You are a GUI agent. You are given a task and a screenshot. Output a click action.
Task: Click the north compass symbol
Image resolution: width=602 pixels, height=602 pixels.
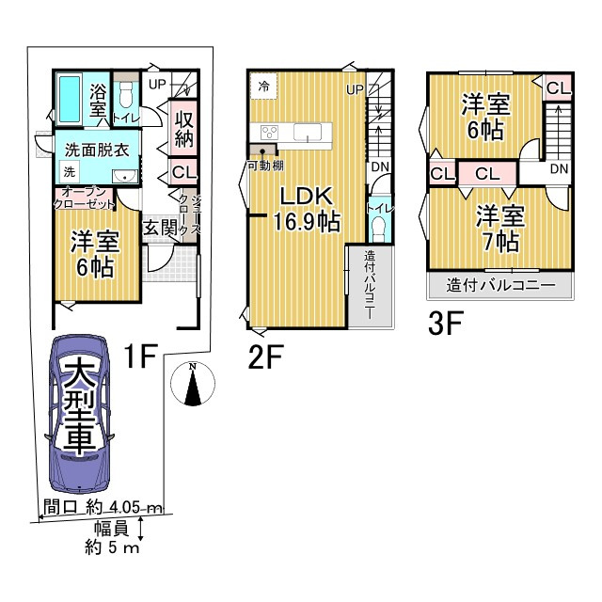pyautogui.click(x=192, y=384)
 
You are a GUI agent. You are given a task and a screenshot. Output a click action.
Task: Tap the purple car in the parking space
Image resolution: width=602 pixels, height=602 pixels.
pyautogui.click(x=79, y=414)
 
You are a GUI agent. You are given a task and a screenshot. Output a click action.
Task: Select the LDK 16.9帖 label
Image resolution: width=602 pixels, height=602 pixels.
pyautogui.click(x=307, y=209)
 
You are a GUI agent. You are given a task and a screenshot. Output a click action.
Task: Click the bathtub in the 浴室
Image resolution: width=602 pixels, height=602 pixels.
pyautogui.click(x=70, y=99)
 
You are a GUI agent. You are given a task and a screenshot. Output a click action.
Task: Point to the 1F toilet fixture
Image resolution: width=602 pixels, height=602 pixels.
pyautogui.click(x=125, y=95)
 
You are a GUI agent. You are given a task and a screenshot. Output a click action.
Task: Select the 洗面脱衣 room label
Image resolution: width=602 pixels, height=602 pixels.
pyautogui.click(x=97, y=150)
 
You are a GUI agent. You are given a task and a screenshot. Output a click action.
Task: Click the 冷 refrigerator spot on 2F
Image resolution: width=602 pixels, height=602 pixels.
pyautogui.click(x=263, y=87)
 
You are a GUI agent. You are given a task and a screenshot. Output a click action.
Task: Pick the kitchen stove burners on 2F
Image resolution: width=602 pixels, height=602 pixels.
pyautogui.click(x=270, y=133)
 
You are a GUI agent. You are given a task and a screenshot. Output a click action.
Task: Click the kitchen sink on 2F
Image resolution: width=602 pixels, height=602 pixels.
pyautogui.click(x=308, y=133)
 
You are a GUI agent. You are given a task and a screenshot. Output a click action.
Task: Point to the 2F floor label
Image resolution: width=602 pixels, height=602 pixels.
pyautogui.click(x=265, y=356)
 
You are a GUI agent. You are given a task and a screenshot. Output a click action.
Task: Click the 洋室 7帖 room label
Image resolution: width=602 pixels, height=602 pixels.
pyautogui.click(x=500, y=229)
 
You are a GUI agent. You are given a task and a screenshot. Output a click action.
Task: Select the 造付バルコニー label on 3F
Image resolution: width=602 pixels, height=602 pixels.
pyautogui.click(x=500, y=285)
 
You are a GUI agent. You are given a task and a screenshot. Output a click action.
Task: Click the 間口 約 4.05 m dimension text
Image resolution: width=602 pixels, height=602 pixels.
pyautogui.click(x=103, y=507)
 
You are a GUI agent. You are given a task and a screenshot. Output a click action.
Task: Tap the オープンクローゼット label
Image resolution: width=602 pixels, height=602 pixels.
pyautogui.click(x=84, y=198)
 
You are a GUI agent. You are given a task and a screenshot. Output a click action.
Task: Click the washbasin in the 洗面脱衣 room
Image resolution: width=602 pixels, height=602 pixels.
pyautogui.click(x=125, y=177)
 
